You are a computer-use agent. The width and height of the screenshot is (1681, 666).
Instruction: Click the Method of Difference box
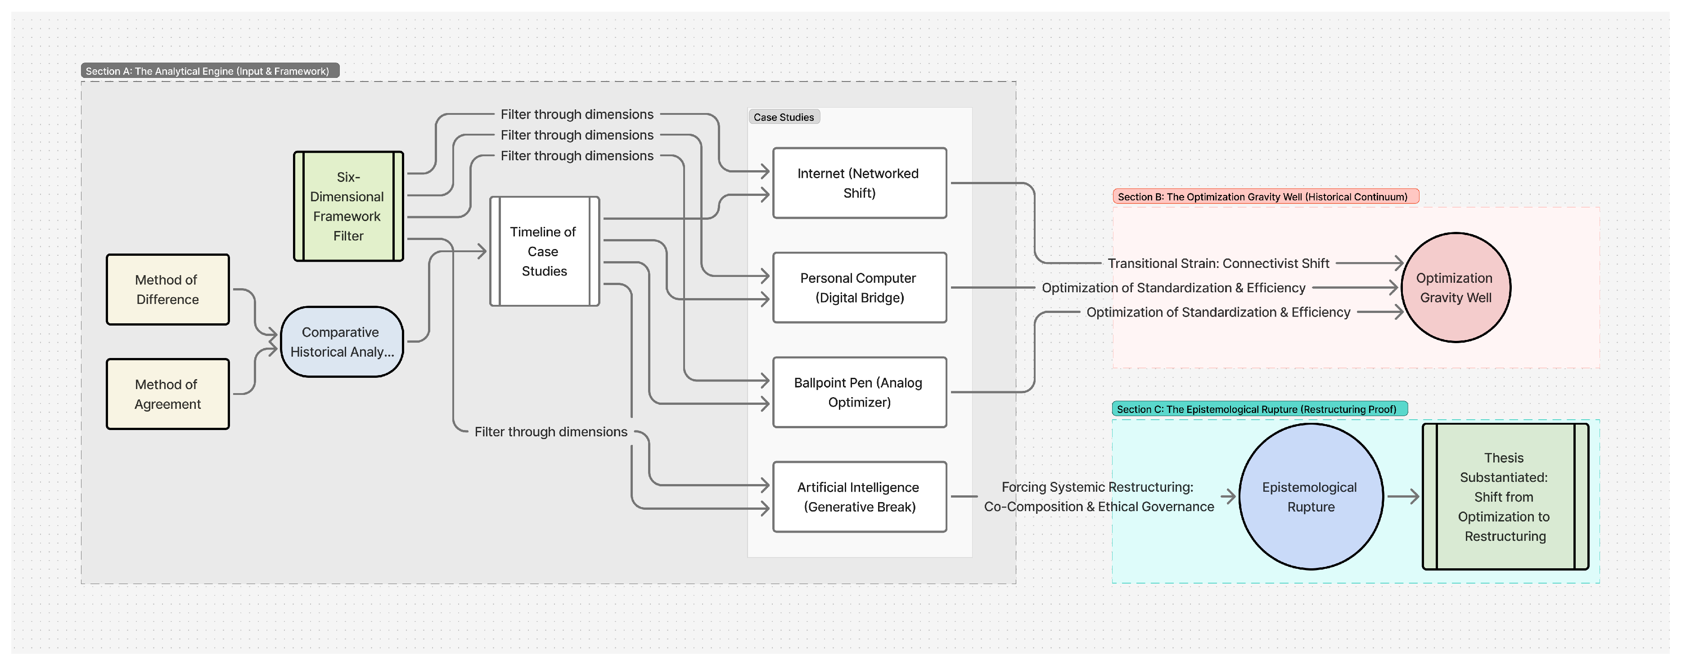click(168, 289)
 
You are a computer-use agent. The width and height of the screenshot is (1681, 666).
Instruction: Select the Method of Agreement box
click(168, 394)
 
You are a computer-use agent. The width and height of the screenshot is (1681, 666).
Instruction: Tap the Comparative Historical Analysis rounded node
click(341, 341)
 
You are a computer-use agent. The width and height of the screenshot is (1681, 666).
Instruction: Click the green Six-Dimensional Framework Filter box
click(348, 206)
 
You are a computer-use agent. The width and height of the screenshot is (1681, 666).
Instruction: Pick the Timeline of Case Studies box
click(544, 251)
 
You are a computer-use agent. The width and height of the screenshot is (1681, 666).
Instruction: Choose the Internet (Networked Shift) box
click(859, 183)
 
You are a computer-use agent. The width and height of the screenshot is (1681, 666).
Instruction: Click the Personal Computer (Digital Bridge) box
click(859, 287)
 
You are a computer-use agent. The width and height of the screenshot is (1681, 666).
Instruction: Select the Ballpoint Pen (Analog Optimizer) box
click(859, 392)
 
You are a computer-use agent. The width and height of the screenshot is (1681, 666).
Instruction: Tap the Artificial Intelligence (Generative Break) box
click(859, 497)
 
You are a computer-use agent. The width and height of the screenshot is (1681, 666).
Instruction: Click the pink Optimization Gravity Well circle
click(1455, 287)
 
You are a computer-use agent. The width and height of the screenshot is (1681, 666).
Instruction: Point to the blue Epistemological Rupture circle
click(1310, 497)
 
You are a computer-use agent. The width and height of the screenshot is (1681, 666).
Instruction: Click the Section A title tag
click(209, 71)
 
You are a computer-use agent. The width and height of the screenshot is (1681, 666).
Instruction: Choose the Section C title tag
click(1258, 409)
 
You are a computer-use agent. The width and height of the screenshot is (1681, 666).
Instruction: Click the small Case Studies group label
click(783, 117)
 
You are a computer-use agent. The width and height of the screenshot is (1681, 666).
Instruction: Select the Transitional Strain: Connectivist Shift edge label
click(1218, 263)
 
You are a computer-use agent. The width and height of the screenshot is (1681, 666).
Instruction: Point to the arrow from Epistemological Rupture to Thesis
click(1402, 497)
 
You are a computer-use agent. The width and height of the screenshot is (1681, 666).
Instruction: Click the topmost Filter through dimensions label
click(577, 114)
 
